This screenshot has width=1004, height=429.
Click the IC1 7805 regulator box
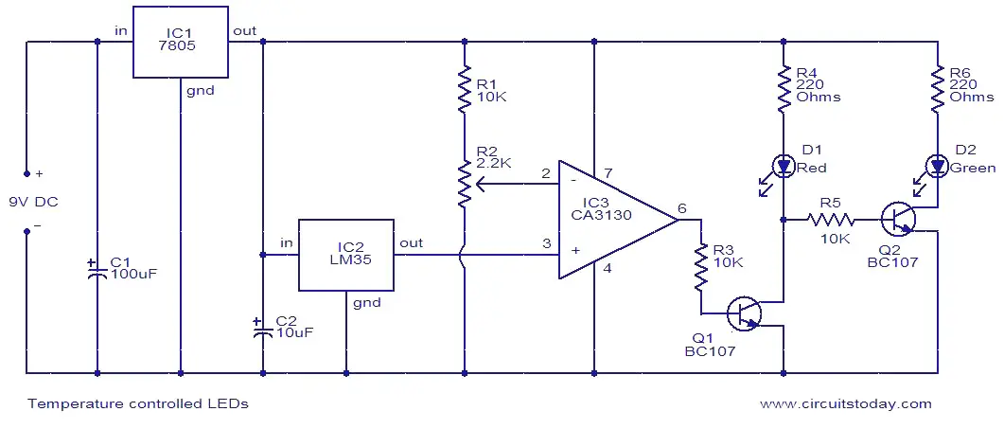pos(181,43)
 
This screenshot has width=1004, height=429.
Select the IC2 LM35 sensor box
pos(346,255)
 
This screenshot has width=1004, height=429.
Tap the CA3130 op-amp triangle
pos(619,220)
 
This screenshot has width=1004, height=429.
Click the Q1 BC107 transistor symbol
pos(744,313)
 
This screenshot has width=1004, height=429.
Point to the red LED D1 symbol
pos(784,167)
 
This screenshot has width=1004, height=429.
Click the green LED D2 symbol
pos(937,167)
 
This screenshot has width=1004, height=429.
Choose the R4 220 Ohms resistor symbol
pos(784,88)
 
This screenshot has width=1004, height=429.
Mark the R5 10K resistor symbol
pos(831,220)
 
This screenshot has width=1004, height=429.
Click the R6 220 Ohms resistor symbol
pos(937,88)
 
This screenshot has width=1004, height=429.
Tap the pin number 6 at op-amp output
pos(681,207)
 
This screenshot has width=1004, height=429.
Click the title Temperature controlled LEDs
pos(137,404)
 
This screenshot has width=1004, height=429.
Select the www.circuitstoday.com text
pos(845,404)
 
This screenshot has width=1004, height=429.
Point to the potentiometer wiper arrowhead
pos(480,185)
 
